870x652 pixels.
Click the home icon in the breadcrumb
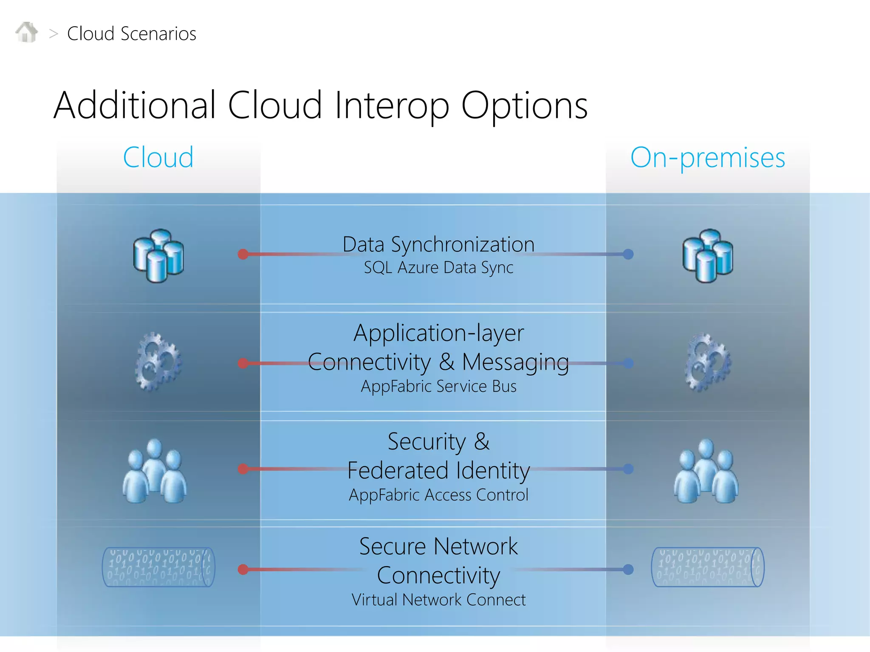click(x=26, y=32)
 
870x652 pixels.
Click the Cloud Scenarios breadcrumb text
click(x=131, y=34)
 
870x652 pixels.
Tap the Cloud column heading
click(x=158, y=157)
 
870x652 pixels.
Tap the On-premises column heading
click(x=708, y=157)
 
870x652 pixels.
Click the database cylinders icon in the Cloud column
click(x=158, y=256)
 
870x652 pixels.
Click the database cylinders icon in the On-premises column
click(x=708, y=256)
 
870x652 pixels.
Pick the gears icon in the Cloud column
click(x=158, y=362)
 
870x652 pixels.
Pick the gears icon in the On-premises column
click(x=708, y=362)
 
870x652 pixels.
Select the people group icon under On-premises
click(x=706, y=471)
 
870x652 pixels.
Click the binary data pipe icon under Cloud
click(x=158, y=567)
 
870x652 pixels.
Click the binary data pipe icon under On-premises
click(x=708, y=567)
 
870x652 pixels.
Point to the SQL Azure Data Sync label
click(x=438, y=268)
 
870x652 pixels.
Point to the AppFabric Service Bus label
click(x=438, y=386)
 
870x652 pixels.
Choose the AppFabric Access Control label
click(x=438, y=495)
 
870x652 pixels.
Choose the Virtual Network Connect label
click(x=438, y=600)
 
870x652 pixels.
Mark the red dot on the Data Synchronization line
click(x=243, y=254)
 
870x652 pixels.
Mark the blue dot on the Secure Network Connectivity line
click(x=628, y=570)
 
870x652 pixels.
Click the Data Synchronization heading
click(x=438, y=244)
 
